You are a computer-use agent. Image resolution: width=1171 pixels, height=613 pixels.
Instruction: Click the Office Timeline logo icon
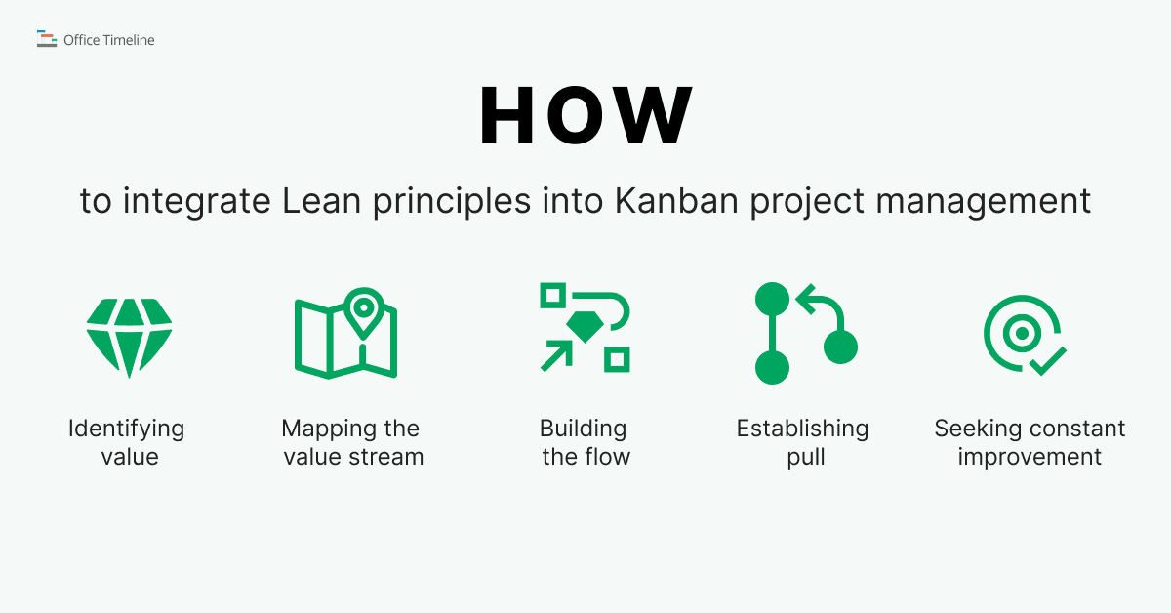47,39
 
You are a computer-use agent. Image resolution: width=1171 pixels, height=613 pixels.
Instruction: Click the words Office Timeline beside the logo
108,40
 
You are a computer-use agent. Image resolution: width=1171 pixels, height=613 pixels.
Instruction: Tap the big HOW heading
585,117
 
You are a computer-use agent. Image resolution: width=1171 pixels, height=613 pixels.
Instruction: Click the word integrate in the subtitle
199,202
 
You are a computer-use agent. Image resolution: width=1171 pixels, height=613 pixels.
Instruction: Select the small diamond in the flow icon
584,328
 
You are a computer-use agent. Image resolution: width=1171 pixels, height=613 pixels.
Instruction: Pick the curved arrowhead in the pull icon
806,300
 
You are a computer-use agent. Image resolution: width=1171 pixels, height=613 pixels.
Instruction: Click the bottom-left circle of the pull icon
772,368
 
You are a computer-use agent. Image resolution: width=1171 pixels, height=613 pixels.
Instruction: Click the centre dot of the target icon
1022,334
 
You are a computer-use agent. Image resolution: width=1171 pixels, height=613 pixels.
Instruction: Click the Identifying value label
127,442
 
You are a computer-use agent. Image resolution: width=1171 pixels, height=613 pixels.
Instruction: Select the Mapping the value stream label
351,442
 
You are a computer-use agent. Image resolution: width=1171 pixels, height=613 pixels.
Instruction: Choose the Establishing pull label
802,442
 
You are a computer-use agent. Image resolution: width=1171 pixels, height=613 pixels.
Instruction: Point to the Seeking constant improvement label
1030,442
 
